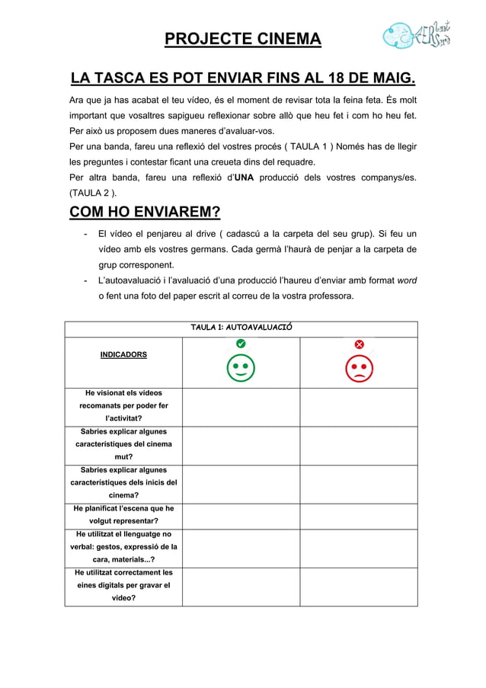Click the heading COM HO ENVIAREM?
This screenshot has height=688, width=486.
[145, 211]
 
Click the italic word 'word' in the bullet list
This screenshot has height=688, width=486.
[407, 281]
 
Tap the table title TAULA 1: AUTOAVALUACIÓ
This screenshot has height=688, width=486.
[241, 328]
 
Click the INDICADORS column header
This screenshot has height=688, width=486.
[123, 355]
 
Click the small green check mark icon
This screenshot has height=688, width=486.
[241, 344]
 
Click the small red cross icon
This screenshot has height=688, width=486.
[359, 344]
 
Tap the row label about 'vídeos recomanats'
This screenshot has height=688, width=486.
[123, 406]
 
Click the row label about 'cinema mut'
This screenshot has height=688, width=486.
[123, 444]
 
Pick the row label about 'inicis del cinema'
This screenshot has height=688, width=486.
[123, 482]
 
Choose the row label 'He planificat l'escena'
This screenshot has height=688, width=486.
[123, 514]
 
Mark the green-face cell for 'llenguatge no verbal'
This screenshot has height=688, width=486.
[241, 546]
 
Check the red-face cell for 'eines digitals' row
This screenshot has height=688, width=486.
[359, 585]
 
